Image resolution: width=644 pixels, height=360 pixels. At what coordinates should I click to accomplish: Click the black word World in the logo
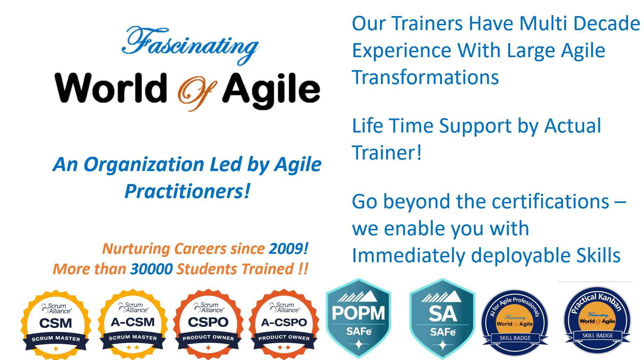tap(111, 88)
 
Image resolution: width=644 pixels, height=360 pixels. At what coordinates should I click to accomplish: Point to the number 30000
tap(151, 269)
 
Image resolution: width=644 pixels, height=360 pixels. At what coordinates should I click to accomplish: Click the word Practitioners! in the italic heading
tap(187, 191)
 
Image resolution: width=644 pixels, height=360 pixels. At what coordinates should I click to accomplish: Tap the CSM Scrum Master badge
tap(56, 324)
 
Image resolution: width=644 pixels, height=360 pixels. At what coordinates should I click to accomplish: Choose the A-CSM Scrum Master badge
tap(133, 324)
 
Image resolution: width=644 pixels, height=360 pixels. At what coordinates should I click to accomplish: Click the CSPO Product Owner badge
tap(208, 324)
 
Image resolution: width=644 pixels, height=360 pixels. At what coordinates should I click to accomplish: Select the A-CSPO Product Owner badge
tap(284, 324)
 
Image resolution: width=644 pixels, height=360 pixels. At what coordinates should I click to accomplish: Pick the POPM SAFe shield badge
tap(358, 318)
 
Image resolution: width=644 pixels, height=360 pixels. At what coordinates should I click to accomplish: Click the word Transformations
tap(425, 77)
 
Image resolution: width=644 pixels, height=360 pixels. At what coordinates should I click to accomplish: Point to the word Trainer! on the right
tap(387, 153)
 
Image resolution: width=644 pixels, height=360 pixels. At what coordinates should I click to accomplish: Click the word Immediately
tap(409, 256)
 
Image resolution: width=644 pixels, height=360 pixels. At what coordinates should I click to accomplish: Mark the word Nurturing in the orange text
tap(136, 249)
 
